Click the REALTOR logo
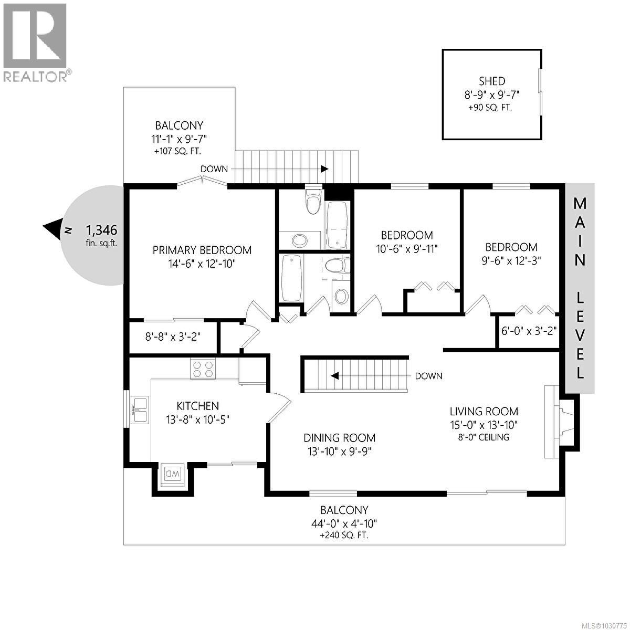coord(35,42)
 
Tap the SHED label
coord(491,81)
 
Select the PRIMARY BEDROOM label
coord(202,250)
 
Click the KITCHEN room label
coord(197,406)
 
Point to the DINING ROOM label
coord(339,438)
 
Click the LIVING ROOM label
coord(484,412)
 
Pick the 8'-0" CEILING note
coord(484,437)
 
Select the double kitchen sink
coord(140,410)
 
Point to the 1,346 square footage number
coord(101,230)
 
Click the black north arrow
coord(52,229)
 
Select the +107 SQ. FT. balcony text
coord(178,151)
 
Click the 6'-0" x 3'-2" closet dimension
coord(529,331)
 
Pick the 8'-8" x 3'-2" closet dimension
coord(173,336)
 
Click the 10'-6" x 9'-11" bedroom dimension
coord(407,248)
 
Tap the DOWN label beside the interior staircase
coord(428,376)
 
